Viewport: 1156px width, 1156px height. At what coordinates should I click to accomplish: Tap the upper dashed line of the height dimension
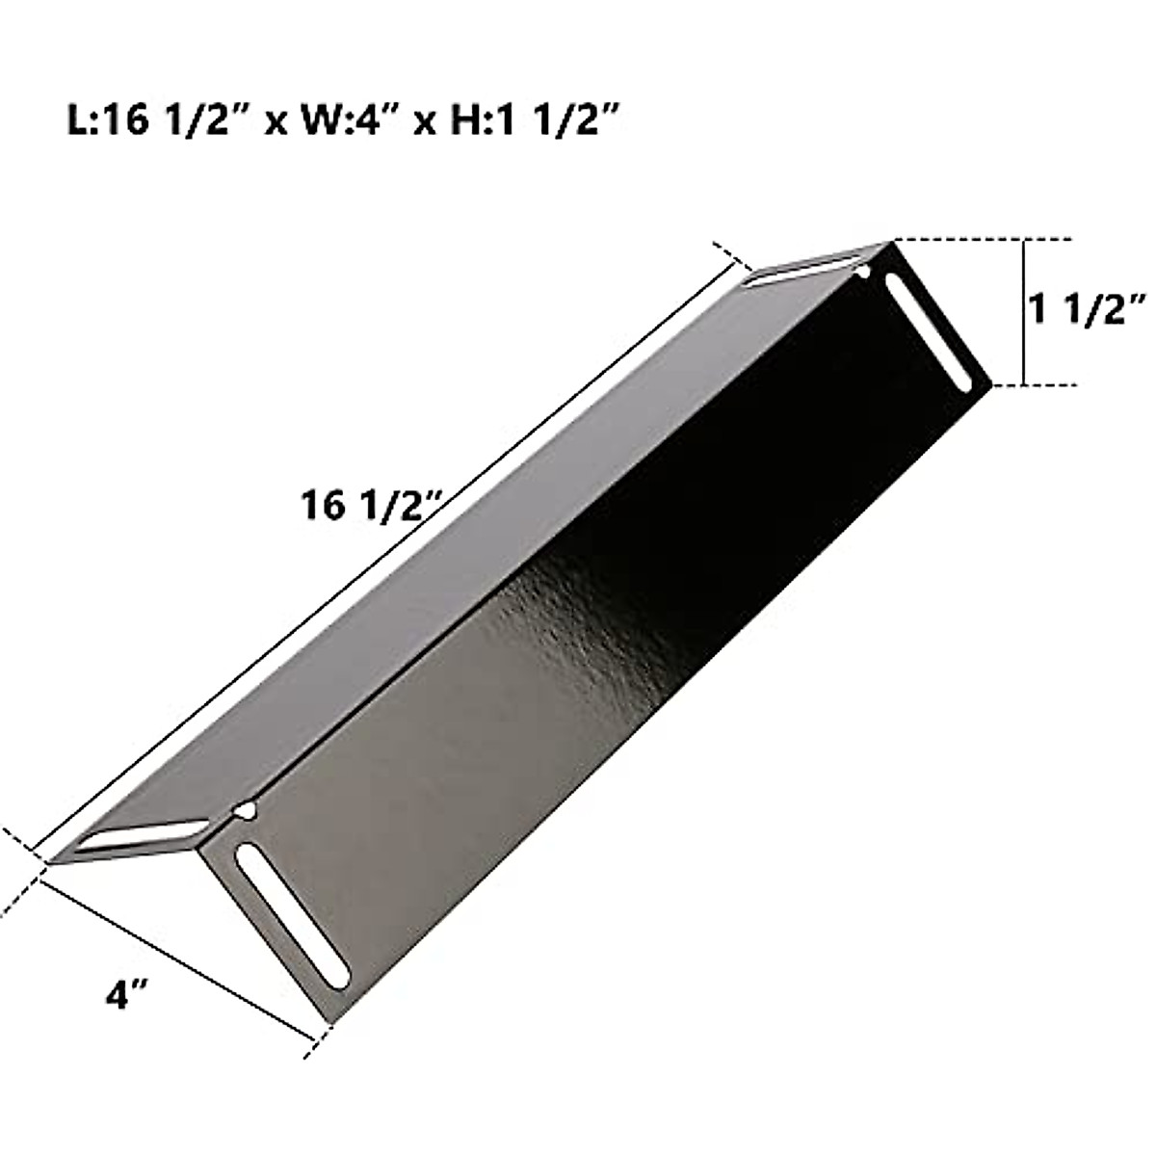pos(983,239)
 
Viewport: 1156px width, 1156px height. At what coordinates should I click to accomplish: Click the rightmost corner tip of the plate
pos(989,385)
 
